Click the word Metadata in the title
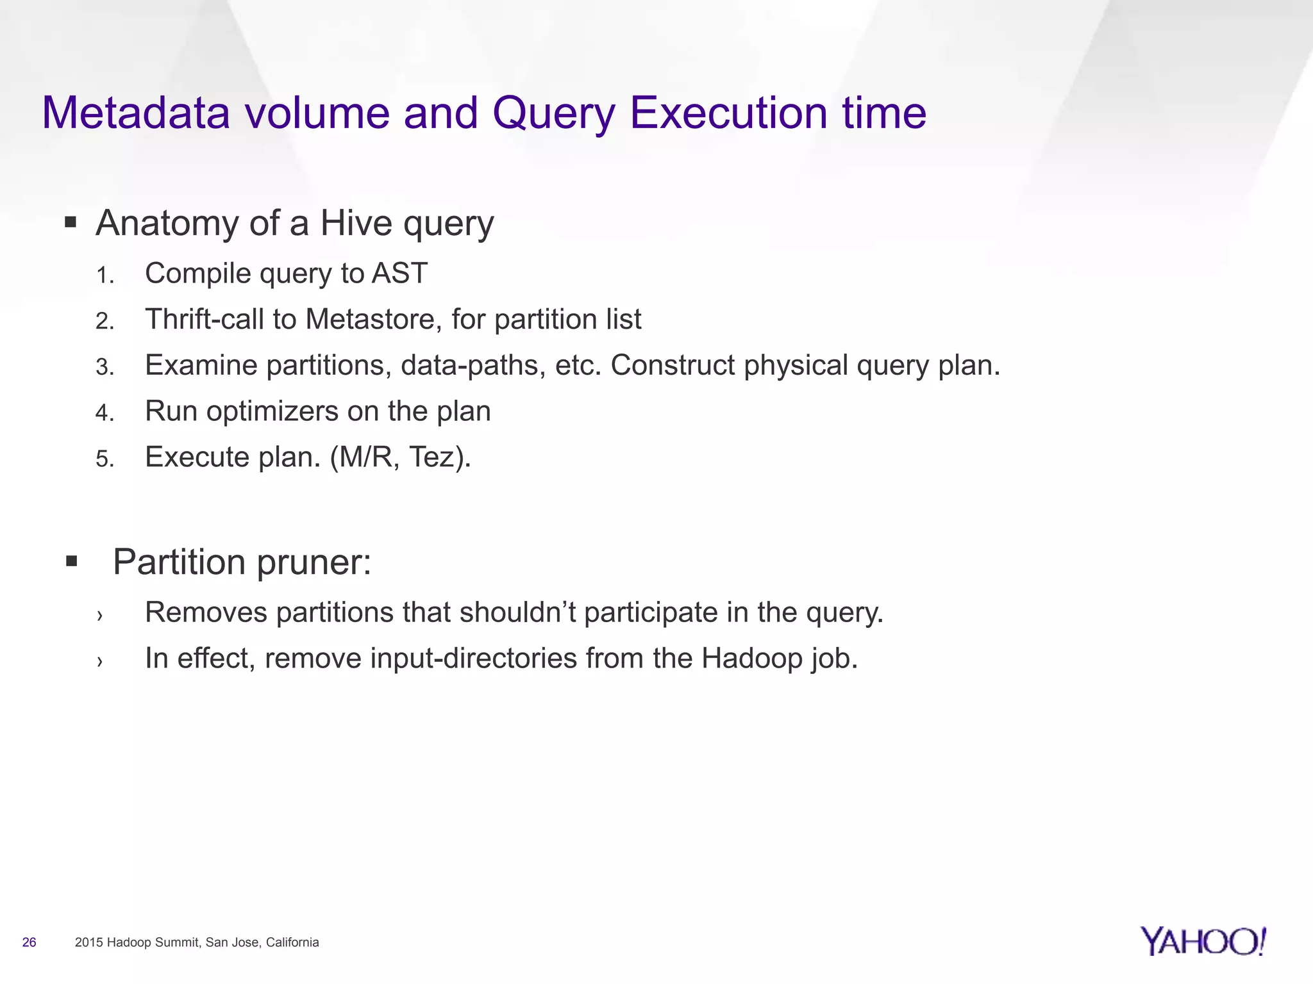[x=136, y=113]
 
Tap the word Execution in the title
[x=730, y=113]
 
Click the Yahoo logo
[x=1203, y=941]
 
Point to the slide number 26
[x=29, y=942]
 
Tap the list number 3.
[x=105, y=367]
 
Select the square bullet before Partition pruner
[x=71, y=562]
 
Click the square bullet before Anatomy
[x=71, y=224]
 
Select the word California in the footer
[x=292, y=942]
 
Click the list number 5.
[x=105, y=459]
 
